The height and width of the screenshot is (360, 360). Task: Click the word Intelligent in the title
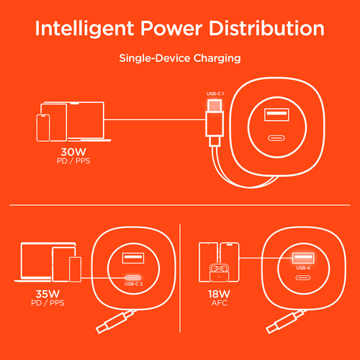[x=84, y=29]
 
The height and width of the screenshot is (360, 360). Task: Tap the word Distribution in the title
[x=266, y=28]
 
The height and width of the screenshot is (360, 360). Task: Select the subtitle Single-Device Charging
[x=180, y=58]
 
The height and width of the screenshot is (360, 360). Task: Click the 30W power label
[x=73, y=152]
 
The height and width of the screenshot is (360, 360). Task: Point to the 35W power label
[x=48, y=294]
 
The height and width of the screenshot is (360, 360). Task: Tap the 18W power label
[x=219, y=294]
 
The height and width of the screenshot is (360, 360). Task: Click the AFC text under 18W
[x=220, y=303]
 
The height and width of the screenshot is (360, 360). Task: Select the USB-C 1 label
[x=215, y=94]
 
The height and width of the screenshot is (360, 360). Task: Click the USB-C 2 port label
[x=133, y=284]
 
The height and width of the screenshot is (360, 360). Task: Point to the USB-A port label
[x=303, y=268]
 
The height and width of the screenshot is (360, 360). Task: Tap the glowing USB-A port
[x=303, y=258]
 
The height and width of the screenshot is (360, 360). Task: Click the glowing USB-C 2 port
[x=133, y=278]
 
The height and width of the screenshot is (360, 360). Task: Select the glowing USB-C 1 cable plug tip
[x=215, y=106]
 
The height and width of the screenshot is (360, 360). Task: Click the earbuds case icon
[x=219, y=273]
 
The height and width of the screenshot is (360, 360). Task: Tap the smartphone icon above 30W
[x=43, y=128]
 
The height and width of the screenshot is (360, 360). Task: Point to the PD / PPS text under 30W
[x=73, y=161]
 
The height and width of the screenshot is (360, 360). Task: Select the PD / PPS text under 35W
[x=48, y=303]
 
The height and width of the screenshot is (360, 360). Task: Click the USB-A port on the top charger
[x=276, y=114]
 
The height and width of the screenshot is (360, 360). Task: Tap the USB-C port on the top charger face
[x=276, y=138]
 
